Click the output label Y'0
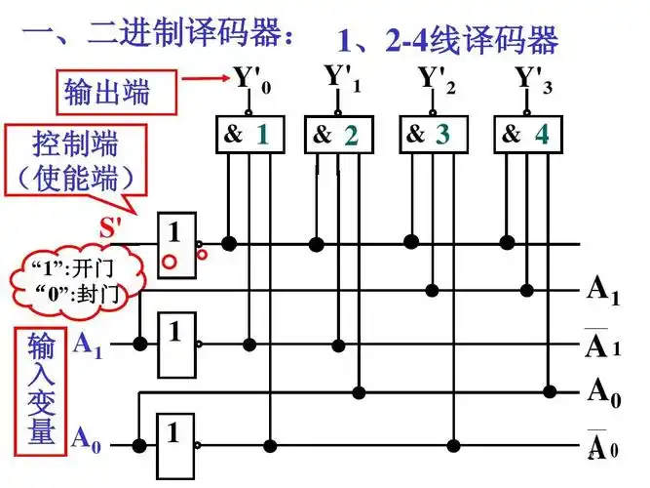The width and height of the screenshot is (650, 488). click(250, 79)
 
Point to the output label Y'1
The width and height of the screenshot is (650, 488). click(341, 77)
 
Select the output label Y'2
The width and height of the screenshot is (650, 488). click(436, 77)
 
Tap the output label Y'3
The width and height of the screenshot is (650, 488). click(531, 77)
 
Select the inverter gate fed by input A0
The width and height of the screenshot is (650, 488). click(176, 443)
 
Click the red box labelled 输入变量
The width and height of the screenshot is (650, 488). click(41, 387)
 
